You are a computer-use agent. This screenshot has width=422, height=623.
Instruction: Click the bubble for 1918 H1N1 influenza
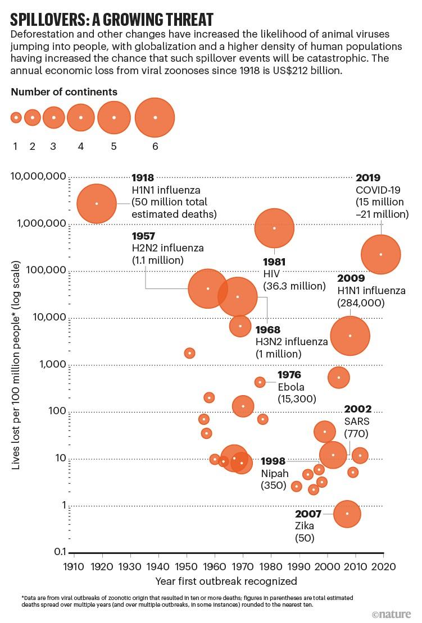click(x=97, y=203)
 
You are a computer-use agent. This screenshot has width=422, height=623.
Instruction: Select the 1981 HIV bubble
click(x=274, y=228)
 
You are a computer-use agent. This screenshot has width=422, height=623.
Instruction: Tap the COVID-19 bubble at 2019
click(x=381, y=254)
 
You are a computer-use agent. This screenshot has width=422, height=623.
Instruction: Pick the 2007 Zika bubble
click(x=347, y=514)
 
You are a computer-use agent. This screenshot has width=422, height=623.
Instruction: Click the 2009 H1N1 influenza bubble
click(x=350, y=336)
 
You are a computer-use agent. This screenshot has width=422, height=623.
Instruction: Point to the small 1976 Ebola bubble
click(x=260, y=382)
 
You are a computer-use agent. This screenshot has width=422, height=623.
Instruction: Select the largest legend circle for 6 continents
click(x=155, y=117)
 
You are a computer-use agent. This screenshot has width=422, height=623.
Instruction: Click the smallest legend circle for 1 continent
click(x=16, y=117)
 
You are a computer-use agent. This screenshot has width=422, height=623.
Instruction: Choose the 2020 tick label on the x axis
click(x=384, y=566)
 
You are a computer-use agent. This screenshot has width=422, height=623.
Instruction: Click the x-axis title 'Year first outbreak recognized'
click(x=227, y=581)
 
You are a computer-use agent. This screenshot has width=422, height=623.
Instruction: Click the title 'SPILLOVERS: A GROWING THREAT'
click(x=112, y=20)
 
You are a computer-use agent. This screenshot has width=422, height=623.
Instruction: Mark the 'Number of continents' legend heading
click(x=64, y=91)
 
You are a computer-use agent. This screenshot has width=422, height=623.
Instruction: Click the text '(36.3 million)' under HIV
click(x=294, y=286)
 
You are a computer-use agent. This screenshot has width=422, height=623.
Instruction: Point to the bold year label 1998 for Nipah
click(x=273, y=461)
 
